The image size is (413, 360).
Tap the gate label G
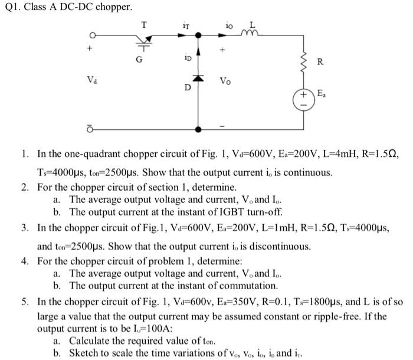point(140,57)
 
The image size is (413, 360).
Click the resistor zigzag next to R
point(304,60)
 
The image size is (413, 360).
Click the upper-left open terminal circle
point(92,35)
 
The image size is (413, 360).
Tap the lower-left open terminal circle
point(91,129)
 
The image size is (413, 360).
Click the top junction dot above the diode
point(199,35)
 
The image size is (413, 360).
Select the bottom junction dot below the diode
point(199,128)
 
